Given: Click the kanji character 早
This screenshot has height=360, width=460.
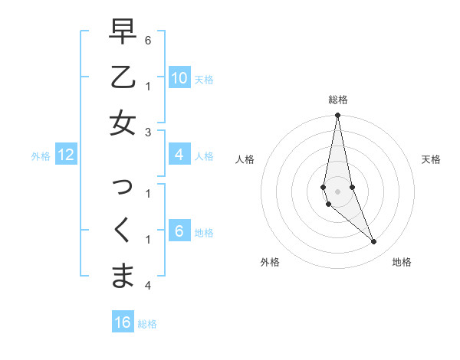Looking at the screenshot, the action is pyautogui.click(x=123, y=32).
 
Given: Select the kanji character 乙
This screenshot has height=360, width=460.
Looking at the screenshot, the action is pyautogui.click(x=123, y=77).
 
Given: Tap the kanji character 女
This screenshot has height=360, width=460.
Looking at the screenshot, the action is pyautogui.click(x=123, y=123).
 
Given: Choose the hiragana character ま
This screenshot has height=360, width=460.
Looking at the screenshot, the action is pyautogui.click(x=123, y=276).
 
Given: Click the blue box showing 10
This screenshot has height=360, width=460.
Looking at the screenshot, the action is pyautogui.click(x=179, y=78).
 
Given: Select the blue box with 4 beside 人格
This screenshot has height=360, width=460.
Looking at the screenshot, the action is pyautogui.click(x=179, y=155).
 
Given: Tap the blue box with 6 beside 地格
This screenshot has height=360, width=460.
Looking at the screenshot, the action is pyautogui.click(x=179, y=232).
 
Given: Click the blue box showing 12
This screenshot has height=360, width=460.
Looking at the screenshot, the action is pyautogui.click(x=66, y=155).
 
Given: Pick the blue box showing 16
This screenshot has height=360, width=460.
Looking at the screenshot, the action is pyautogui.click(x=123, y=322).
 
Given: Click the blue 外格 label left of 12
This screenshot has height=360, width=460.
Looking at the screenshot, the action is pyautogui.click(x=41, y=156).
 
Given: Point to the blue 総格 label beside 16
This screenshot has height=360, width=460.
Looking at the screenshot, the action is pyautogui.click(x=147, y=324).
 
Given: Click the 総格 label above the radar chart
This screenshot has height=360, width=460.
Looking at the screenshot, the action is pyautogui.click(x=337, y=100).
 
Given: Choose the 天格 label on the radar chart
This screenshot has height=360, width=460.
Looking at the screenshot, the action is pyautogui.click(x=431, y=159).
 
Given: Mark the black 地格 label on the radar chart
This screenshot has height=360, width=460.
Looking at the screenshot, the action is pyautogui.click(x=402, y=262).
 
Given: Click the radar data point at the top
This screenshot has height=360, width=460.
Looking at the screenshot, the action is pyautogui.click(x=337, y=116).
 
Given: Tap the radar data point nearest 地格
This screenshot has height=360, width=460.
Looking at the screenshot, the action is pyautogui.click(x=373, y=242).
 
